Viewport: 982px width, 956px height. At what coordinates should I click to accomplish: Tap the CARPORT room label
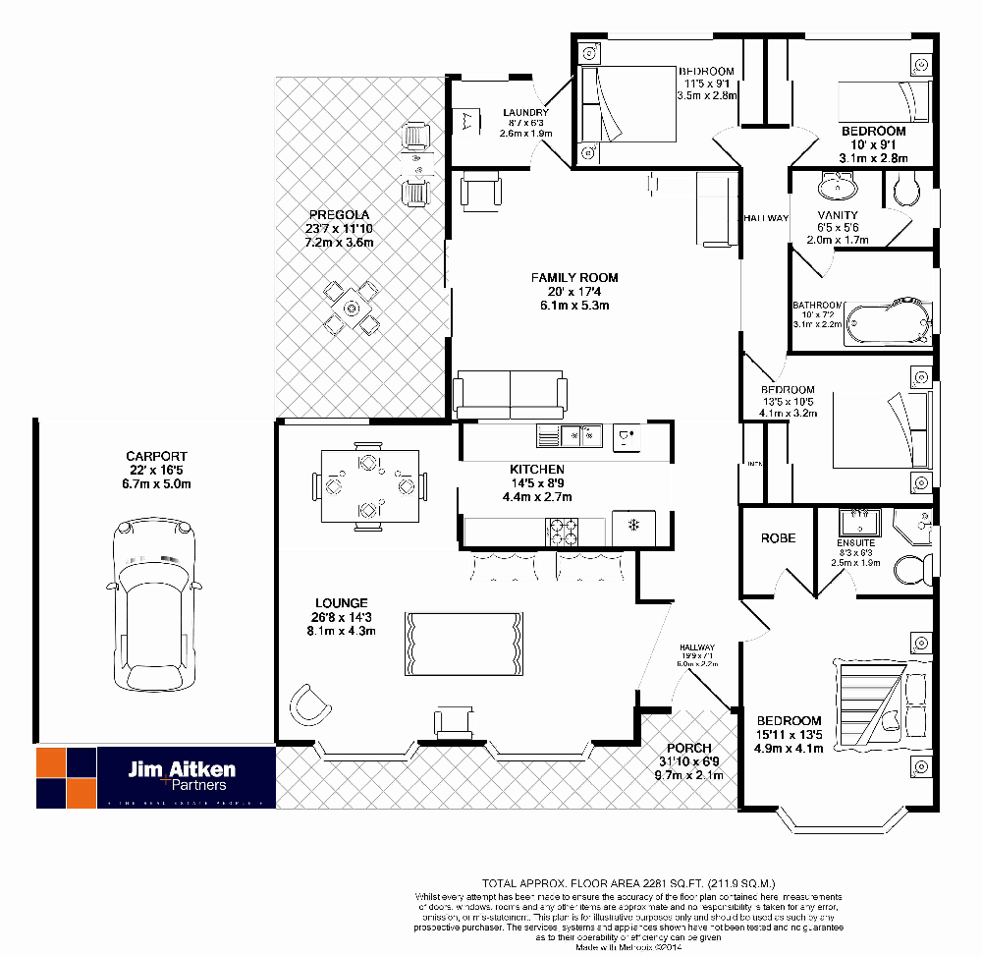pos(156,457)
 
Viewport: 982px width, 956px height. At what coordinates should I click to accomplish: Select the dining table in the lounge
pos(369,484)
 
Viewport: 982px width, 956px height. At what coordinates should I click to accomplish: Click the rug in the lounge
pos(466,643)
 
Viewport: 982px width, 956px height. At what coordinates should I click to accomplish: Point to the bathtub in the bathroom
pos(888,322)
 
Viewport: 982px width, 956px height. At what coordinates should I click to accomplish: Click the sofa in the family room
pos(510,396)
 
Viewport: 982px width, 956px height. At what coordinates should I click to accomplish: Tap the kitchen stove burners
pos(564,531)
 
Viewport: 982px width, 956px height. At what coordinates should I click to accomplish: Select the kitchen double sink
pos(582,434)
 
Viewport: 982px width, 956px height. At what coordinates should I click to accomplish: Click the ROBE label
pos(778,538)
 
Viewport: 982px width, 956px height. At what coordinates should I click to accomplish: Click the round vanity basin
pos(837,186)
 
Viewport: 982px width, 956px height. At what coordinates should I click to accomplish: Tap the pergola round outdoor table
pos(353,307)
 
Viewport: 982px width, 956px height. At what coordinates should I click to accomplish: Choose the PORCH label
pos(687,749)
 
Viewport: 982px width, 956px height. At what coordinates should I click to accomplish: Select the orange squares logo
pos(66,776)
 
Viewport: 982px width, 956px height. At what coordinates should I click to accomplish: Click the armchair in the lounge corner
pos(309,703)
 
